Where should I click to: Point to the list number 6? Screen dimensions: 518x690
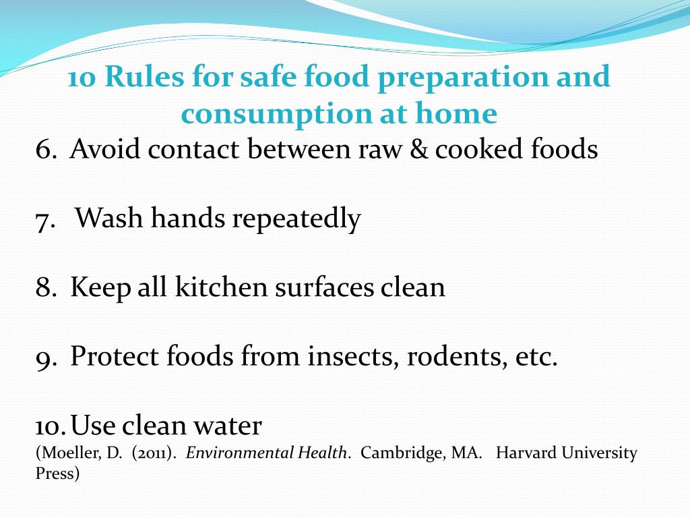(x=46, y=149)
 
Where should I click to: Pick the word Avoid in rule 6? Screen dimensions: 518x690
(x=104, y=149)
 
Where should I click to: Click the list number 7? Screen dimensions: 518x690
(x=45, y=219)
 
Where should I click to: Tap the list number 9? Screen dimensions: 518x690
(x=46, y=357)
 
